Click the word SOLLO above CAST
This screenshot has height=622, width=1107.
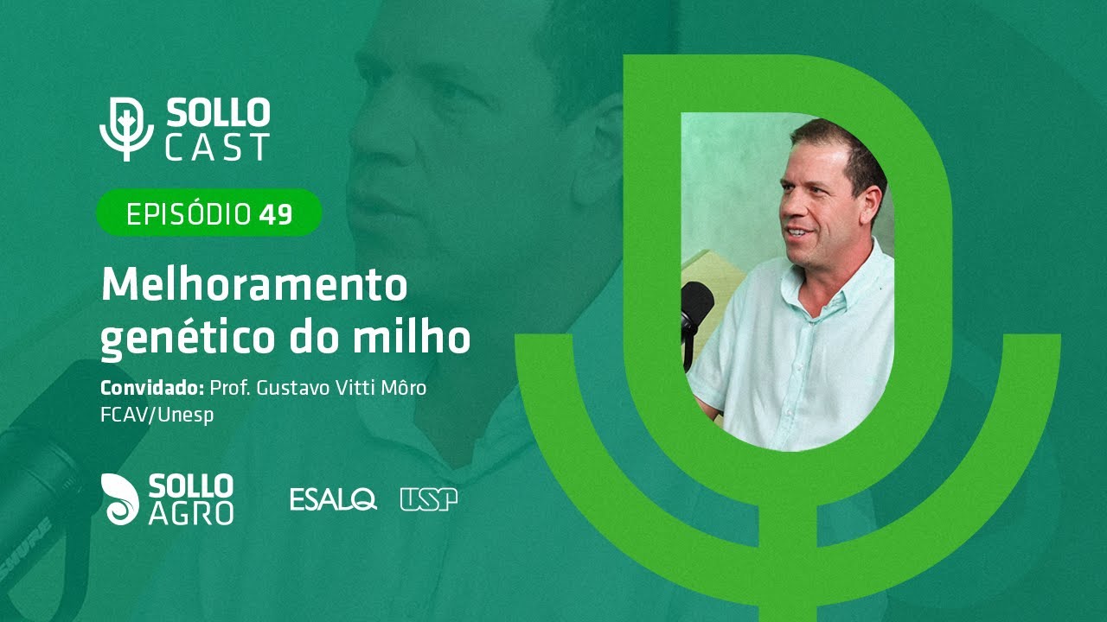[x=218, y=113]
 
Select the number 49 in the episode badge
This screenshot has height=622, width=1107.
[x=276, y=214]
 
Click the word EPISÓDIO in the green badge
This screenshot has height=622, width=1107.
[x=189, y=214]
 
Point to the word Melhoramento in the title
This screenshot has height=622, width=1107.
[x=253, y=284]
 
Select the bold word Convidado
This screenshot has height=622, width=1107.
[x=150, y=388]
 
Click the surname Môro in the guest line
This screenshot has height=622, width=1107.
[x=403, y=388]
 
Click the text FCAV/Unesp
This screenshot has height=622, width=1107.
[x=157, y=415]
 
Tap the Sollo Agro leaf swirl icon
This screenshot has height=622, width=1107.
[x=121, y=498]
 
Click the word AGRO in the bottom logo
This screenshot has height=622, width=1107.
[x=190, y=513]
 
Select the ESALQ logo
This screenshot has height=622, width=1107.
[x=333, y=499]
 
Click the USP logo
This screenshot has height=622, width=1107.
[x=429, y=499]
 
